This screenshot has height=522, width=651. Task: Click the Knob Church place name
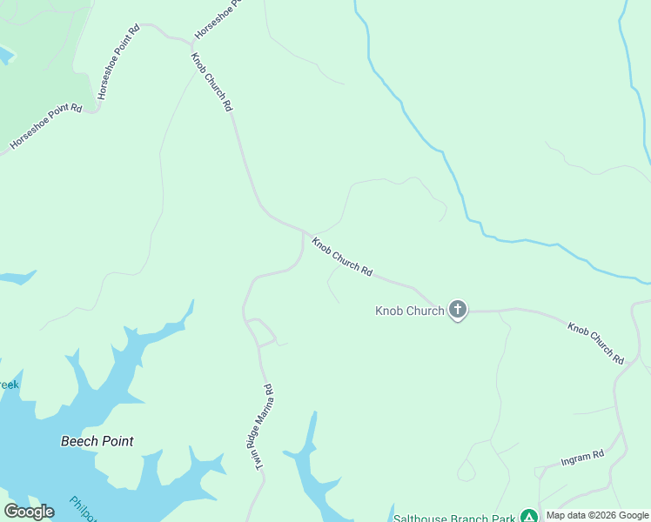(x=409, y=311)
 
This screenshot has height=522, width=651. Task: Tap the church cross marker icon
(x=458, y=310)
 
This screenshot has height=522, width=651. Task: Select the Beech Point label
(x=97, y=441)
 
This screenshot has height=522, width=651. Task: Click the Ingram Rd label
(x=582, y=458)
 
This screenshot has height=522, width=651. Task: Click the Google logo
(x=29, y=512)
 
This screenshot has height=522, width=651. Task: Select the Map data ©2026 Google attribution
(x=597, y=515)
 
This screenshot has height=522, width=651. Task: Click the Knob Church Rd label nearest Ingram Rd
(x=596, y=343)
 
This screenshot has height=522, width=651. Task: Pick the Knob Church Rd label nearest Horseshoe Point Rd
(x=212, y=81)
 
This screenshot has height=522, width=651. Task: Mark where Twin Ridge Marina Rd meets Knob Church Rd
(x=303, y=232)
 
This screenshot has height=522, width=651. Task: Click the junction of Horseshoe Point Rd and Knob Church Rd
(x=191, y=42)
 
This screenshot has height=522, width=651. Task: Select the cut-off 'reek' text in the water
(x=8, y=384)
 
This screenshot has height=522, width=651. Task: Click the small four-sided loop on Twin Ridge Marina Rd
(x=262, y=331)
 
